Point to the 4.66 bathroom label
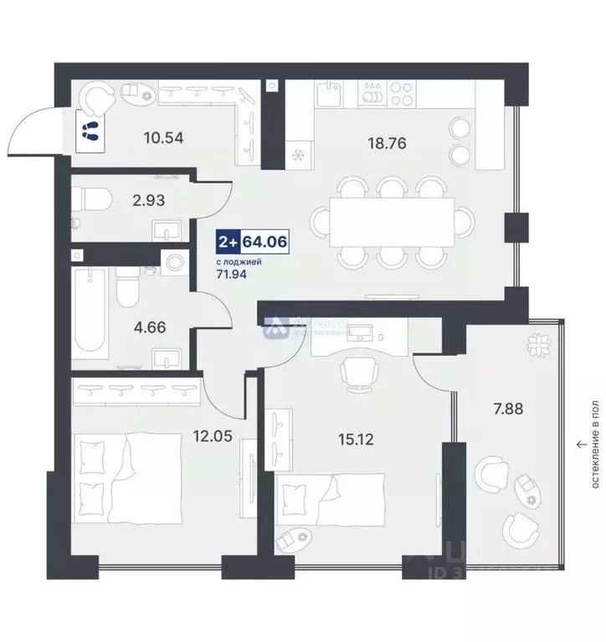pos(151,327)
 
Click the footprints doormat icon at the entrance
pos(90,130)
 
